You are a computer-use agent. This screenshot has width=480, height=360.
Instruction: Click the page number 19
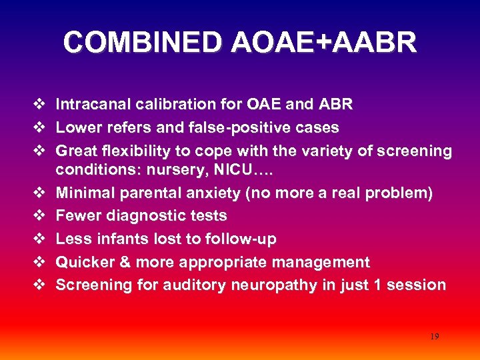click(434, 337)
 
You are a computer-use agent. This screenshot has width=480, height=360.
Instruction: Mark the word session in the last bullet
click(419, 285)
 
